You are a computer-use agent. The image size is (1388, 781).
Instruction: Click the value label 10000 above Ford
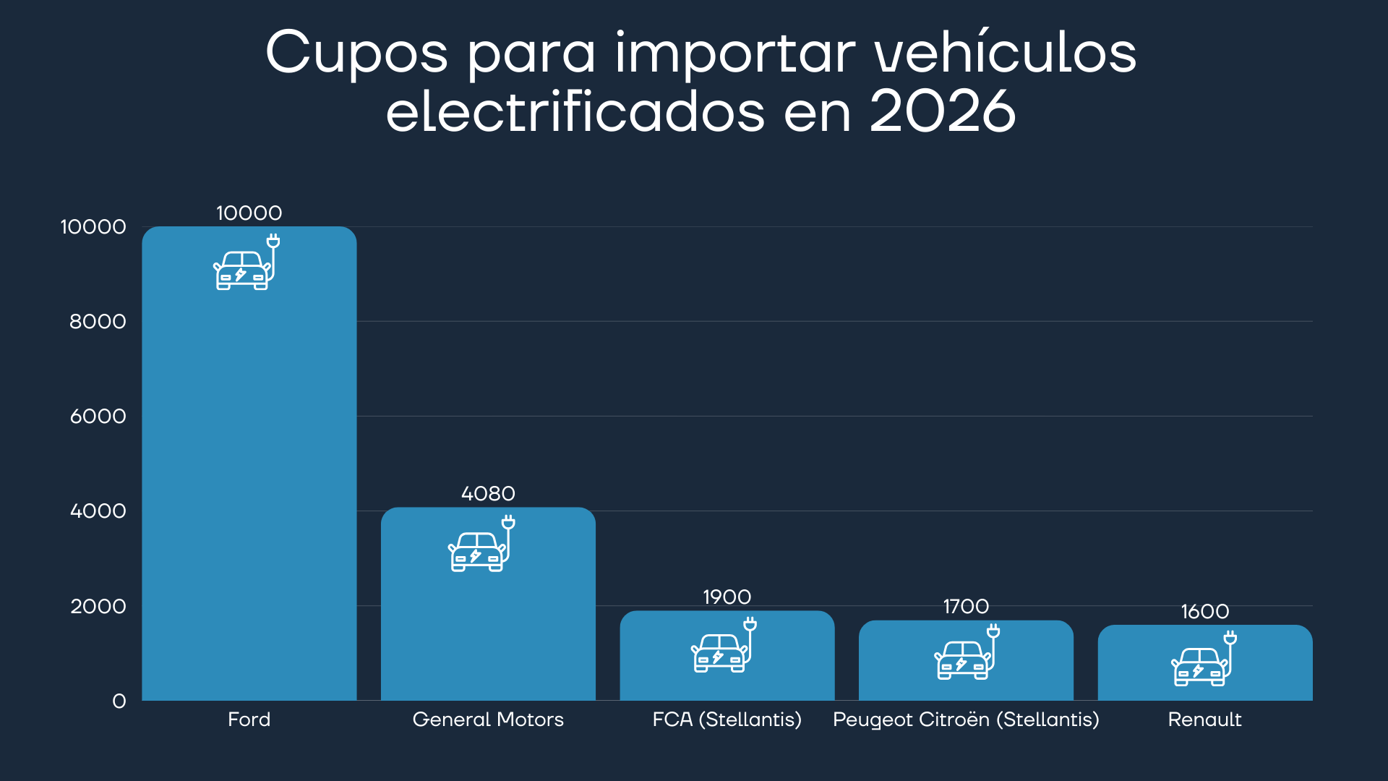click(249, 213)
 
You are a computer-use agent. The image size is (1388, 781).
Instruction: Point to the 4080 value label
click(488, 493)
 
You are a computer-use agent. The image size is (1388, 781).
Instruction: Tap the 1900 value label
click(727, 597)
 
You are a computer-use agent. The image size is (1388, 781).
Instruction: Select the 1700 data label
click(966, 606)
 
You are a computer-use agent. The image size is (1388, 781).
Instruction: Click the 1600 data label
click(1204, 611)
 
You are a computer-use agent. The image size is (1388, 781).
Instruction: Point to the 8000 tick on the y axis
click(98, 321)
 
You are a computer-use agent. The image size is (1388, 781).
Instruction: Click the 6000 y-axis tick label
click(98, 416)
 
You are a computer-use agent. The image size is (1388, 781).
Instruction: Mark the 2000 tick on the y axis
click(98, 606)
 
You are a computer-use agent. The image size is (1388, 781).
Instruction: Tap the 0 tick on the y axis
click(119, 701)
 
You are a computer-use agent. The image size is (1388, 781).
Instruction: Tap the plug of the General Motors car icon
click(508, 522)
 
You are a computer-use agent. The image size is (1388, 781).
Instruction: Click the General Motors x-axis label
click(488, 720)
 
